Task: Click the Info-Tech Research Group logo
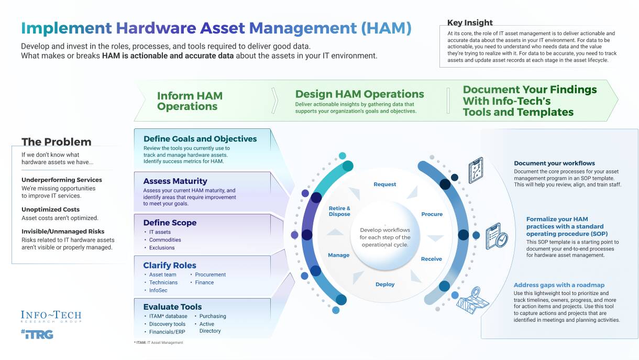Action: click(51, 317)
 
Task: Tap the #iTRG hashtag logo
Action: click(37, 334)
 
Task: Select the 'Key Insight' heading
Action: click(470, 23)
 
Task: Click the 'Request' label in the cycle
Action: click(384, 184)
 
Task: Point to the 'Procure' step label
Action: click(432, 214)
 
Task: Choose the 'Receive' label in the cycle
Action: click(432, 259)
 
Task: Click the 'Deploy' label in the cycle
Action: click(385, 285)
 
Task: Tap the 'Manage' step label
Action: click(338, 255)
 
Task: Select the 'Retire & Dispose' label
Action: click(339, 211)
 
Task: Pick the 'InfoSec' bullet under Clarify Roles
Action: click(159, 290)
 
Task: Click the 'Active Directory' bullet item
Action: click(210, 328)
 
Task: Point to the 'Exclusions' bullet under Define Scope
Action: click(162, 248)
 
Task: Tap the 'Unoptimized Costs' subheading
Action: click(50, 210)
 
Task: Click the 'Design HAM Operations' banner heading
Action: click(359, 94)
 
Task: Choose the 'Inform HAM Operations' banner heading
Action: click(190, 101)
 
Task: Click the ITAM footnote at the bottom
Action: click(159, 343)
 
